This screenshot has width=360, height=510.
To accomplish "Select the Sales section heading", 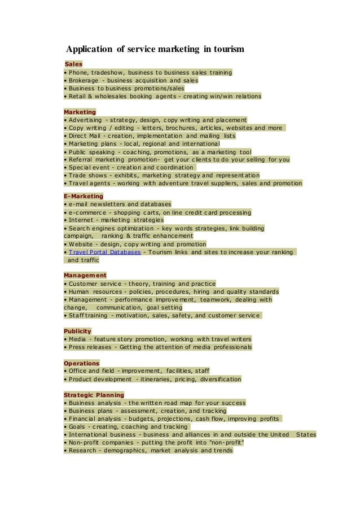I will pos(73,64).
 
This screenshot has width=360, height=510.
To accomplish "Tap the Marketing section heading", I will pos(80,112).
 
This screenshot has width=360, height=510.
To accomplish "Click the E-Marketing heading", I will pos(84,196).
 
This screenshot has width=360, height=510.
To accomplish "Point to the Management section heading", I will pos(85,275).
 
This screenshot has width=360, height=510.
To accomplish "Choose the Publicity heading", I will pos(77,331).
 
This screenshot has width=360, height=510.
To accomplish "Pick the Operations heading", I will pos(81,363).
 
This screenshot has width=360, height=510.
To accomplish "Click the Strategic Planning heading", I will pos(94,395).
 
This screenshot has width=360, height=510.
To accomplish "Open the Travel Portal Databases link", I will pos(105,252).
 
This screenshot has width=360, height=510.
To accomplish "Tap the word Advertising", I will pos(86,120).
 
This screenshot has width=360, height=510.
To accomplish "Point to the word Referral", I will pos(82,160).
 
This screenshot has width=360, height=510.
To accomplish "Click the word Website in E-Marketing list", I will pos(83,244).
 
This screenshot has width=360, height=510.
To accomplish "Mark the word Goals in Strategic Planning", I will pos(78,427).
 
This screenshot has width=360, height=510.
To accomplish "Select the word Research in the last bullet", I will pos(84,451).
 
